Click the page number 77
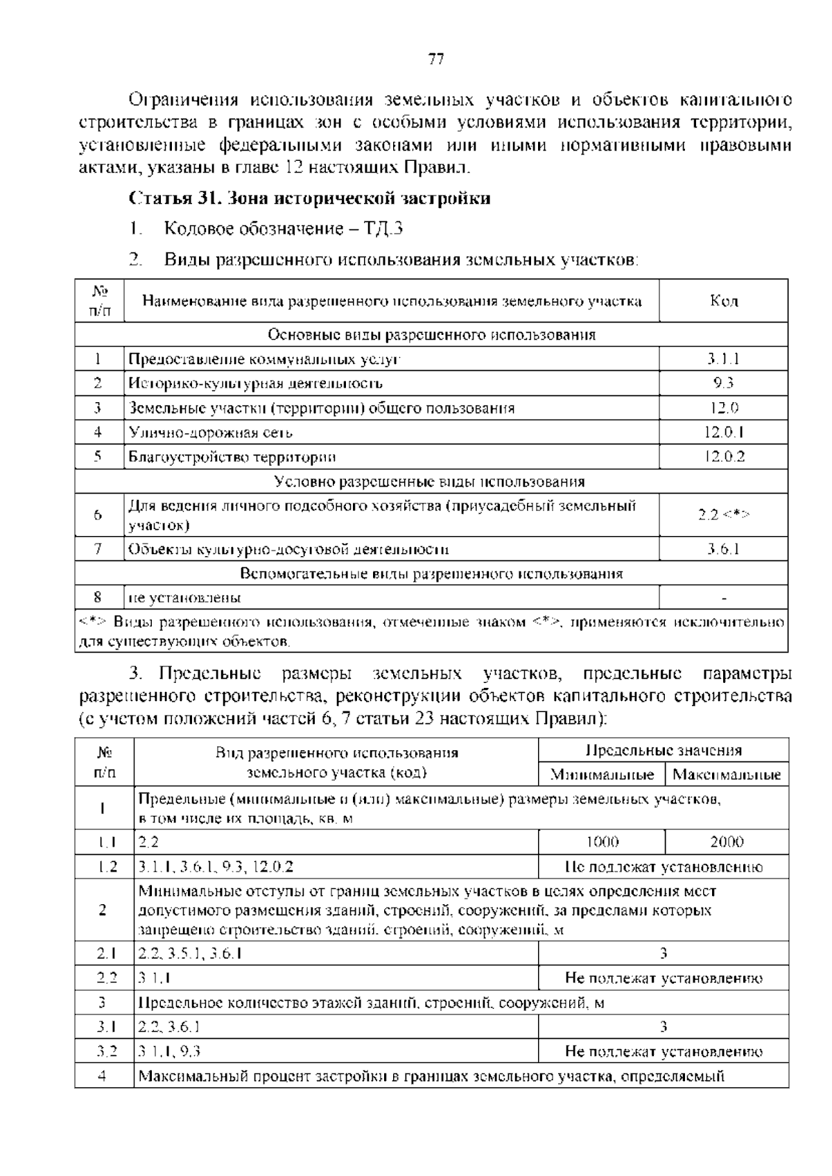point(436,60)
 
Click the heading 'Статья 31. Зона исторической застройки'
point(310,199)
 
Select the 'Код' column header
point(723,301)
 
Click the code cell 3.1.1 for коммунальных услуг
point(723,359)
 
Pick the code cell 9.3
point(723,383)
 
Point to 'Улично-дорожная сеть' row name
point(211,433)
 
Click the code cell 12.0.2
point(723,457)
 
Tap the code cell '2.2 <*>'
point(723,514)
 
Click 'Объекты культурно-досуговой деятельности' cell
point(288,550)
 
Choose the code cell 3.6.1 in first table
point(723,550)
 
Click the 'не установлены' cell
point(184,598)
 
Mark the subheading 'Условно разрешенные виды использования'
point(430,482)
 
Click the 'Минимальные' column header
point(601,775)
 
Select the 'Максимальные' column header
point(727,775)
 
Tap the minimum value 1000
point(602,842)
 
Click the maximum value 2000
point(727,842)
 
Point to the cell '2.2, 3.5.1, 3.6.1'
point(190,953)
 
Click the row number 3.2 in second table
point(105,1052)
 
